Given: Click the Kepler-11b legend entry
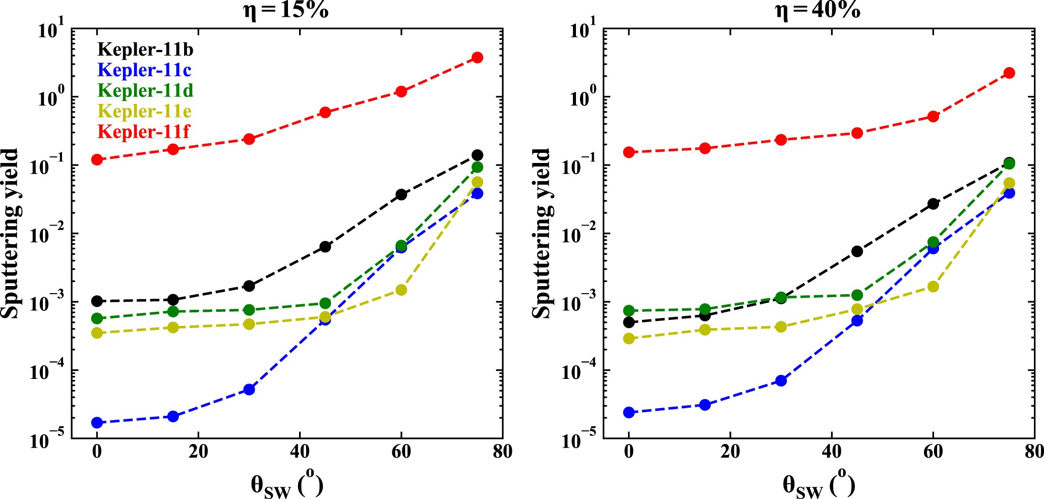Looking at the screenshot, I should (x=145, y=49).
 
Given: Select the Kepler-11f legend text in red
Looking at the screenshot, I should (x=144, y=132).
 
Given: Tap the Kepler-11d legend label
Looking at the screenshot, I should (x=145, y=90).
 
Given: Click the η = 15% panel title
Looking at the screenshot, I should (x=286, y=10).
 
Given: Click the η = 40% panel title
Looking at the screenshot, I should (x=818, y=10).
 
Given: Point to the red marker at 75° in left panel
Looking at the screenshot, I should (x=477, y=58).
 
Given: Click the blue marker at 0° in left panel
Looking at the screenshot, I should (x=97, y=423).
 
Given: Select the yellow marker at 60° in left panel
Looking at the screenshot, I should (x=401, y=290).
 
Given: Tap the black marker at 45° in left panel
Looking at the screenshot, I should (x=325, y=247).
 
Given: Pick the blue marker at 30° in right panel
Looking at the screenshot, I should (x=781, y=380).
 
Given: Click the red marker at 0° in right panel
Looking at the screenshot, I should (x=629, y=152).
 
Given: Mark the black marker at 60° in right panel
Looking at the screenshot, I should (x=933, y=204).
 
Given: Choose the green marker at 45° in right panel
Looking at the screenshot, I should (x=857, y=295).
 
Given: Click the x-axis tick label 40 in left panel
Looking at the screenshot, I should (x=300, y=452).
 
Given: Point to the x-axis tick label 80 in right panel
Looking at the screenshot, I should (x=1034, y=452).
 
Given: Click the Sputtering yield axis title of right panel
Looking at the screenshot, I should (x=542, y=234).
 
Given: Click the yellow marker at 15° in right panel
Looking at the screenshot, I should (x=705, y=329).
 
